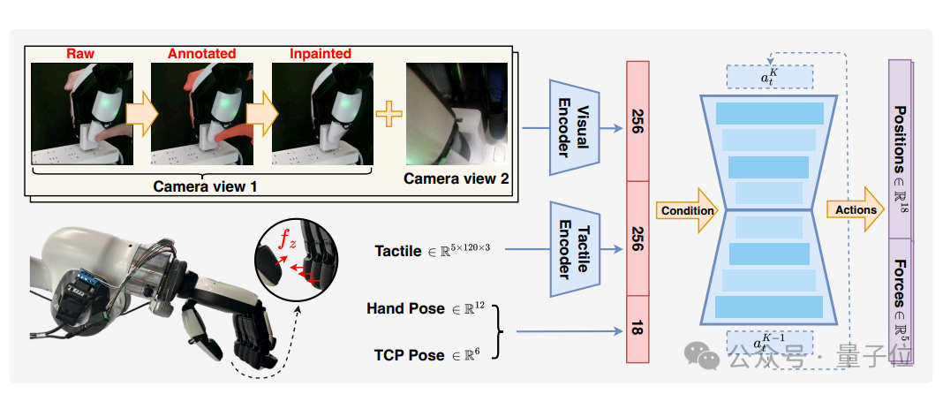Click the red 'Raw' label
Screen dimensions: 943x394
click(80, 54)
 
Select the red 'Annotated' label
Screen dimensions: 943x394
click(201, 54)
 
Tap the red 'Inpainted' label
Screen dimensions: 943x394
click(321, 54)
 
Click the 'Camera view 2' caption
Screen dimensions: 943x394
click(456, 178)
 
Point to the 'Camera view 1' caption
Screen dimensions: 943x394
click(205, 186)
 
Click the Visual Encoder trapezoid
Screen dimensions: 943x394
click(574, 127)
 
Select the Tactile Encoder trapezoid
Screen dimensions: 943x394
click(574, 249)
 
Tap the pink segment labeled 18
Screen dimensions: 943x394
click(637, 329)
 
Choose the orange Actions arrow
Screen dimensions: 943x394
click(856, 209)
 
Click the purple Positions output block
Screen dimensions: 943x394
click(900, 149)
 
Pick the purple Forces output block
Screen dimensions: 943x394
click(900, 301)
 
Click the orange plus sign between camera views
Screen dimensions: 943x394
click(389, 114)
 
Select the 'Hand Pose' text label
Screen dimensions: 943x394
click(401, 309)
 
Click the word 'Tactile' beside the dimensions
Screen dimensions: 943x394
click(398, 250)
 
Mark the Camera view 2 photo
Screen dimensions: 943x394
click(456, 114)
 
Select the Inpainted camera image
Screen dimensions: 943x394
click(322, 114)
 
